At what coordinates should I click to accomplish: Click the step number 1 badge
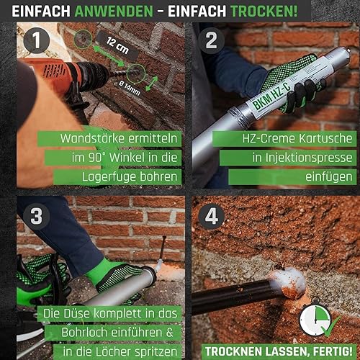click(37, 40)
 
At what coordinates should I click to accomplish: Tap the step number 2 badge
click(211, 40)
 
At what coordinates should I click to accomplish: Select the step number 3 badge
click(37, 216)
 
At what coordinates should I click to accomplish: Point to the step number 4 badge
click(211, 216)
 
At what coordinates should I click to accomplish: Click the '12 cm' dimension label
click(117, 45)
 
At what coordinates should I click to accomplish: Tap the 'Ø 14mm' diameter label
click(130, 89)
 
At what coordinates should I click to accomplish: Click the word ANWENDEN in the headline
click(114, 11)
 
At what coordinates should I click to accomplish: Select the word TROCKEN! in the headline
click(264, 11)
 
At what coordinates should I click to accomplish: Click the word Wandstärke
click(93, 138)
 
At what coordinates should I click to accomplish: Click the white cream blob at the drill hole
click(289, 282)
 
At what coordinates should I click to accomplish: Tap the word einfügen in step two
click(328, 177)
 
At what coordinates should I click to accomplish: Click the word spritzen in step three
click(156, 352)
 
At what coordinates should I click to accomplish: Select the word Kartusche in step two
click(325, 138)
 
